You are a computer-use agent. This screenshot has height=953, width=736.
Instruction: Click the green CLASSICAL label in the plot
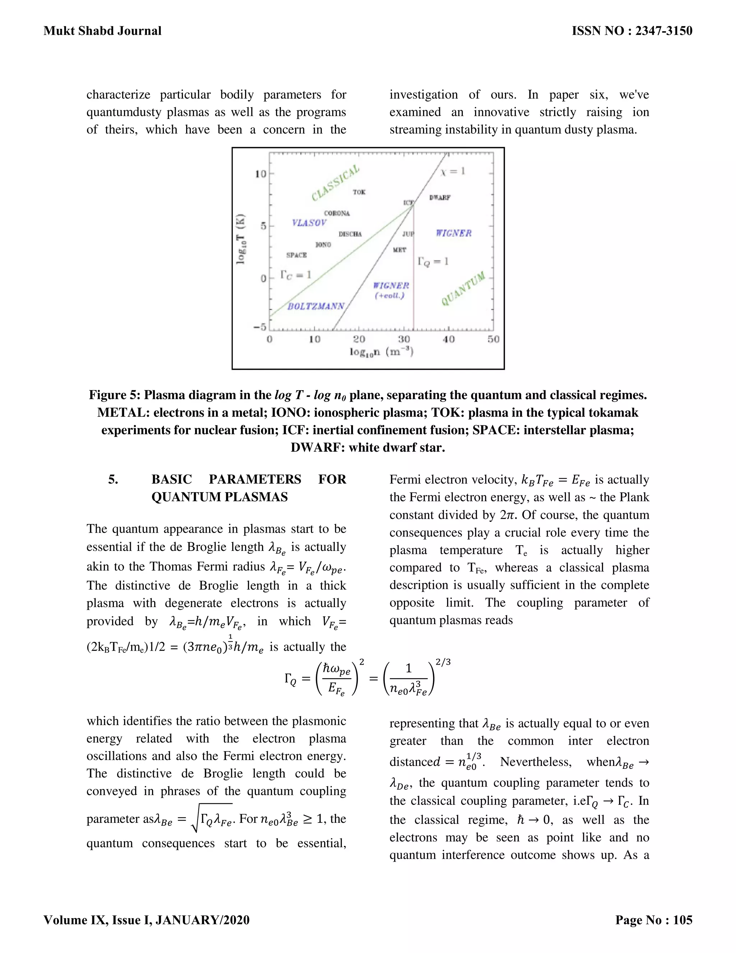(x=335, y=183)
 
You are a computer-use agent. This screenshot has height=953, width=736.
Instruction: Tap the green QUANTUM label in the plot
(x=463, y=288)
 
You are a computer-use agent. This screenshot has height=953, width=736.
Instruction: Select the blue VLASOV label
(x=309, y=223)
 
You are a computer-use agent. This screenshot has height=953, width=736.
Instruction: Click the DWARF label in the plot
(x=440, y=198)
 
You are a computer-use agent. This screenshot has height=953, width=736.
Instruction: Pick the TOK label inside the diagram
(x=359, y=192)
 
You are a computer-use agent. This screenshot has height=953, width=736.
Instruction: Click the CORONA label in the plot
(x=337, y=213)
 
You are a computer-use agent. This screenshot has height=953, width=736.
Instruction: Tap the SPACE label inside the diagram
(x=296, y=255)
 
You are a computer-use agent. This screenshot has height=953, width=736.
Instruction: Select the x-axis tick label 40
(x=448, y=339)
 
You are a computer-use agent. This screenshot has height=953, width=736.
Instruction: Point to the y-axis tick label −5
(x=260, y=327)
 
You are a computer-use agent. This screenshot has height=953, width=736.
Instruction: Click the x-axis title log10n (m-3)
(x=382, y=352)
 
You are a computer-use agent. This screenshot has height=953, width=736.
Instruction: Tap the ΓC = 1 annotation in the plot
(x=296, y=275)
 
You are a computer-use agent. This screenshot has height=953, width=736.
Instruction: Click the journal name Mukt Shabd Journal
(x=102, y=31)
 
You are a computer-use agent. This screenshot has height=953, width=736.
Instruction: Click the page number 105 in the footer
(x=682, y=920)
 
